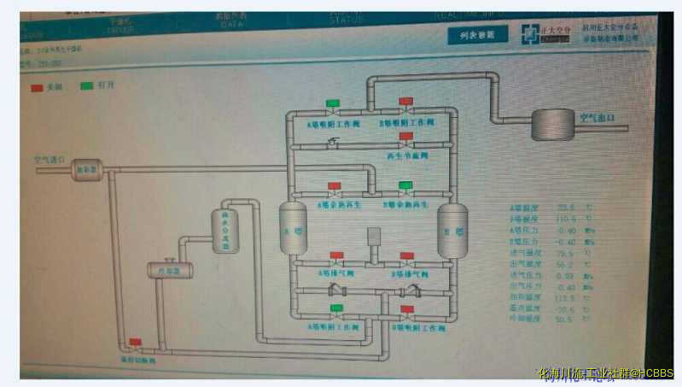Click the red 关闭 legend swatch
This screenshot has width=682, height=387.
click(x=37, y=86)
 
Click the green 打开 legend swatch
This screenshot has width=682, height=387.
click(x=86, y=86)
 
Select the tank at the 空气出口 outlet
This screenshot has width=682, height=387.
click(x=552, y=125)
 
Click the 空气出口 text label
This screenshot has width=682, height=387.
click(x=597, y=117)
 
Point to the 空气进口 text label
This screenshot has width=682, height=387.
click(x=49, y=159)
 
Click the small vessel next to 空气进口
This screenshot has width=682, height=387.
click(x=87, y=170)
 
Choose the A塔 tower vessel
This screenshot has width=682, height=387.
click(x=293, y=230)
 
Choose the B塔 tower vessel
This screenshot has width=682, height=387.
click(x=452, y=230)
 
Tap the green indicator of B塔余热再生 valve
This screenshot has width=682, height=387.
click(x=405, y=185)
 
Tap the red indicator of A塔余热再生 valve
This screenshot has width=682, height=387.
click(x=335, y=185)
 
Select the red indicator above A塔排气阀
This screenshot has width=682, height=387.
click(x=336, y=255)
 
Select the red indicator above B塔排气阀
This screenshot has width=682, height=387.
click(x=407, y=255)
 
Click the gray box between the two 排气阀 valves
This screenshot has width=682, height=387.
click(x=373, y=235)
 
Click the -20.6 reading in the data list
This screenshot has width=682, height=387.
click(x=564, y=308)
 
